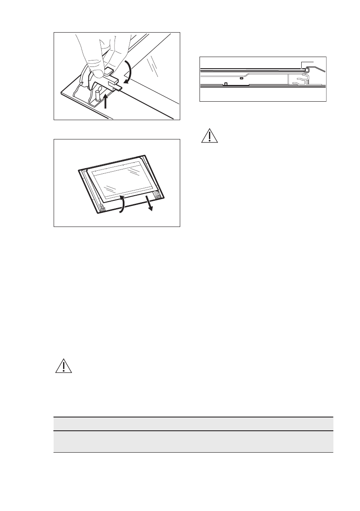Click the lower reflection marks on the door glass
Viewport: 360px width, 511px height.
111,188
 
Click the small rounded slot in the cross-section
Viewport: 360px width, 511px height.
242,79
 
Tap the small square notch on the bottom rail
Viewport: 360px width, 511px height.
226,84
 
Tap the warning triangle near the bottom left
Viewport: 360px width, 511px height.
62,366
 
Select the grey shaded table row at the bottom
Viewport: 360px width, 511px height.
193,441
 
